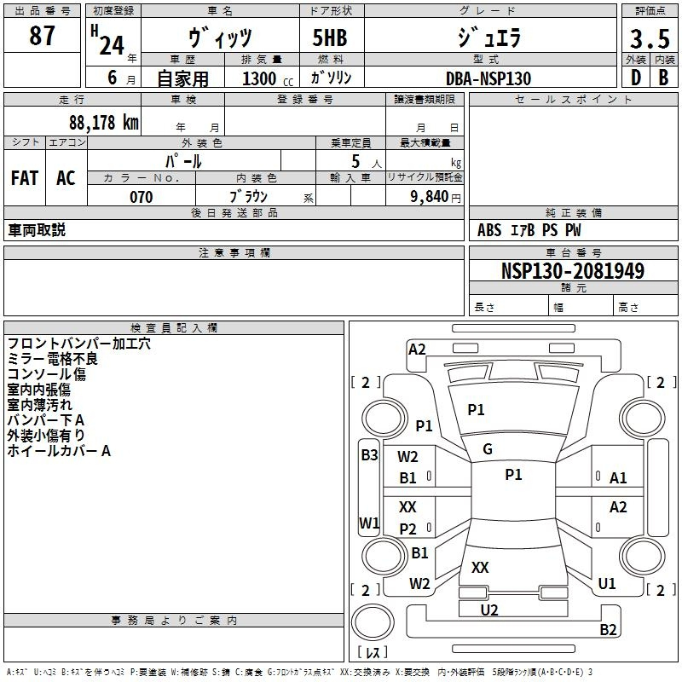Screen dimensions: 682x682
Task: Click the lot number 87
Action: [42, 35]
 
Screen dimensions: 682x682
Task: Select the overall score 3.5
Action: [650, 38]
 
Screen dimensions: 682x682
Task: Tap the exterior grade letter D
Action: [636, 78]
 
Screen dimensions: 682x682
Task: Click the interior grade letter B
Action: [663, 78]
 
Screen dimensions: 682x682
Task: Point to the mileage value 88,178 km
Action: [104, 122]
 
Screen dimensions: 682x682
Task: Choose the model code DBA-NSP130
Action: [488, 78]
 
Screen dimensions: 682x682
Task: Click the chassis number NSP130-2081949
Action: [572, 270]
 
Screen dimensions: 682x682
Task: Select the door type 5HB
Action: [330, 38]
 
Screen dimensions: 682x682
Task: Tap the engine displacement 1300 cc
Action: [268, 78]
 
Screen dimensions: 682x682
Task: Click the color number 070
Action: [142, 197]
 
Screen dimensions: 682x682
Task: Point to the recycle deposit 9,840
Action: [430, 197]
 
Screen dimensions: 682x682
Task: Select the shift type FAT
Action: [25, 178]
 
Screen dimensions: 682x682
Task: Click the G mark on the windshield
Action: [488, 449]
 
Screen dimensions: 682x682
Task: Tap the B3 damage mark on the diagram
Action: [369, 455]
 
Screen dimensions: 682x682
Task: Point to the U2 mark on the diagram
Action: [489, 610]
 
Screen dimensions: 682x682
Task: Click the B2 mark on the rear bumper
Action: [608, 629]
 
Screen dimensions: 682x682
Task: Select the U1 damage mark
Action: [607, 584]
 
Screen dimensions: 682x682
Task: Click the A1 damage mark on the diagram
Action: [618, 478]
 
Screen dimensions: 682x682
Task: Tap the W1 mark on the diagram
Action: [369, 523]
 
